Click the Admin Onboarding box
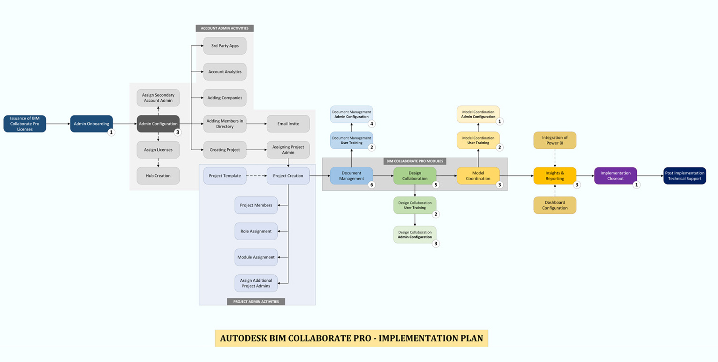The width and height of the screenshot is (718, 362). pos(91,124)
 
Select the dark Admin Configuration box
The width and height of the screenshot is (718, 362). pos(158,124)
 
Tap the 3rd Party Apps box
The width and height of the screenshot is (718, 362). pos(225,46)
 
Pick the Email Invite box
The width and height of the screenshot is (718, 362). pos(288,124)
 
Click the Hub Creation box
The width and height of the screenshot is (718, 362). pos(158,176)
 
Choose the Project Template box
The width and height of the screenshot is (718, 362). pos(225,176)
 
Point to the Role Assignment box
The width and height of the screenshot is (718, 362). pos(256,231)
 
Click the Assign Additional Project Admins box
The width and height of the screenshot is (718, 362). pos(256,283)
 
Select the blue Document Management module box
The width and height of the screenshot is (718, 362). pos(351,176)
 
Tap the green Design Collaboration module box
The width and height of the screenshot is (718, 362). pos(415,176)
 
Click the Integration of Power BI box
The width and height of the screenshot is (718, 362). pos(555,140)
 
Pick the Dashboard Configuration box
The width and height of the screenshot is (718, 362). pos(555,205)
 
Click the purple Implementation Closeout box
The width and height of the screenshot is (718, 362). pos(615,176)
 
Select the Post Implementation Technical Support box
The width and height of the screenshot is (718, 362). pos(685,176)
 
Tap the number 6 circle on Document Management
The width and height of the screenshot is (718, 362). pos(372,185)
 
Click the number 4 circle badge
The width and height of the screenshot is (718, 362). pos(372,124)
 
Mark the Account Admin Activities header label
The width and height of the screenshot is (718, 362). pos(224,28)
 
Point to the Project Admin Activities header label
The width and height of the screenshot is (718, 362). pos(256,302)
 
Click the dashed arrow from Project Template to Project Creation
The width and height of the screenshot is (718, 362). pos(256,176)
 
